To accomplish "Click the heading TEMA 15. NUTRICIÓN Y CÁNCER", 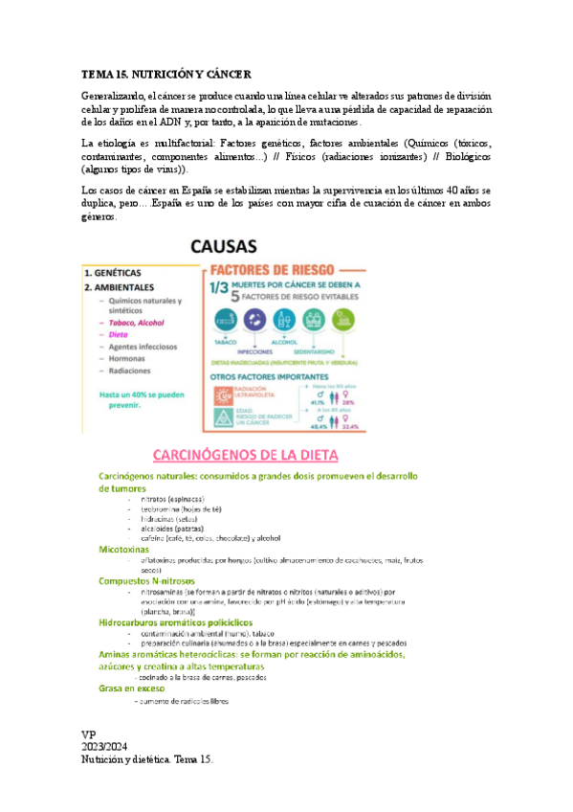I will click(x=166, y=73).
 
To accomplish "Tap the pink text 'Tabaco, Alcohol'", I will click(x=141, y=323).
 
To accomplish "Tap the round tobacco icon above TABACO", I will click(x=227, y=320).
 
